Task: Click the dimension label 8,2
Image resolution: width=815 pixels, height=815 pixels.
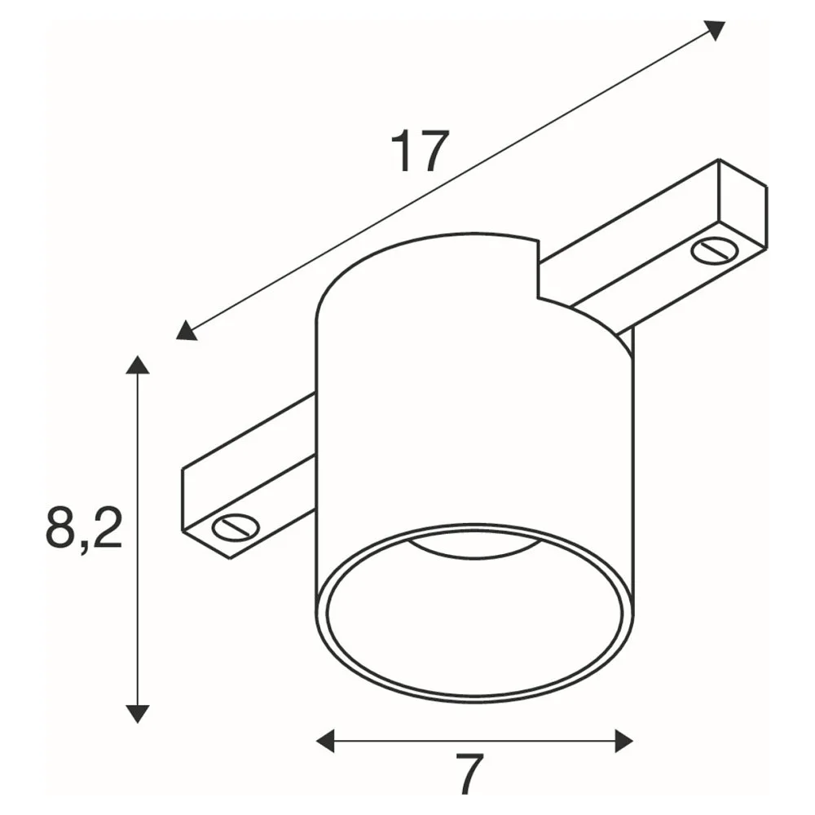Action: [x=84, y=529]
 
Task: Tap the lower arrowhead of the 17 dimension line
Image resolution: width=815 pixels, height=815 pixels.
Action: [x=186, y=332]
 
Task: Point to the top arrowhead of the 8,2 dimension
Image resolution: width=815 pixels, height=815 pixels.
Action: [x=138, y=364]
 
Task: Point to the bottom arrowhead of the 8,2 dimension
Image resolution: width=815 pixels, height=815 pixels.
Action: [x=138, y=714]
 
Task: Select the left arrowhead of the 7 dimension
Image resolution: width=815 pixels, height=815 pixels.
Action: [x=325, y=741]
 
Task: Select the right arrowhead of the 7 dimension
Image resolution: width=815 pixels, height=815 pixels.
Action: [x=624, y=741]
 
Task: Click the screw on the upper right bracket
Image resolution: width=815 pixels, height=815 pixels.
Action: [x=716, y=250]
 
